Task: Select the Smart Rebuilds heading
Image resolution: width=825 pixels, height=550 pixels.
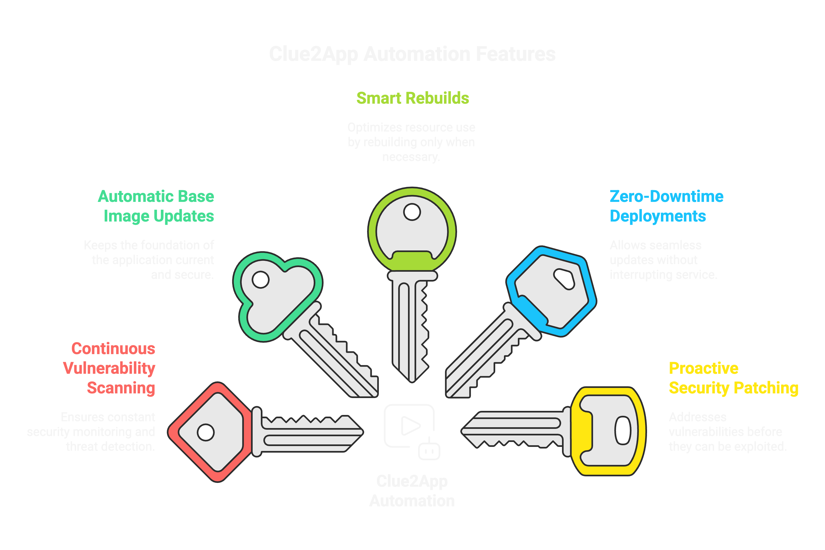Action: pyautogui.click(x=412, y=98)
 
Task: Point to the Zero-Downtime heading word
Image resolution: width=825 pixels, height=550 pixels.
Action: pyautogui.click(x=666, y=196)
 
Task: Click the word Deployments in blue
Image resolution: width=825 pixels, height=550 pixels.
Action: pyautogui.click(x=658, y=216)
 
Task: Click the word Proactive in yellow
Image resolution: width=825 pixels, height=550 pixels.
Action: pyautogui.click(x=703, y=368)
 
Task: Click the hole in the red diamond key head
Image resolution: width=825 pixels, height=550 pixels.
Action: pyautogui.click(x=206, y=432)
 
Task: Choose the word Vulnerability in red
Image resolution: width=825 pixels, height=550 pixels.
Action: pyautogui.click(x=109, y=368)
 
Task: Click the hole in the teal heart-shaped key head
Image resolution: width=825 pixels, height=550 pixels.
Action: pyautogui.click(x=260, y=280)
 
